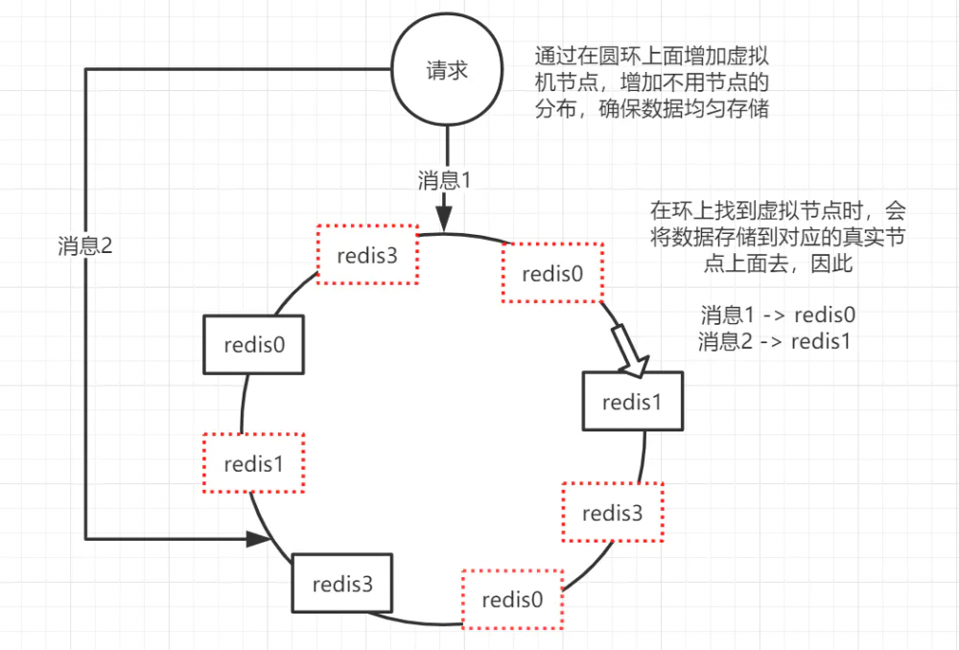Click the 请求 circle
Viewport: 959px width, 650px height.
pos(445,71)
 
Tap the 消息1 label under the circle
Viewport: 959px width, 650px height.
pos(445,179)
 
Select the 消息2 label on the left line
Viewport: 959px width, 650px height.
pos(84,245)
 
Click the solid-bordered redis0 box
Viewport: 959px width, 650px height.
pos(253,345)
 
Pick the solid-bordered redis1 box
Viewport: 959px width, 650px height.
pos(632,402)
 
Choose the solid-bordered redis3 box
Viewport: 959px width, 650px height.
pos(341,583)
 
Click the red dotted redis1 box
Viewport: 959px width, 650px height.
pos(253,464)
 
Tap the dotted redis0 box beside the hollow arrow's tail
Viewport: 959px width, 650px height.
pos(551,273)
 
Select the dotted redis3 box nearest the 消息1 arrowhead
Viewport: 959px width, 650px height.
pos(367,255)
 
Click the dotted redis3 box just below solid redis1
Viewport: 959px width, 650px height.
pos(612,512)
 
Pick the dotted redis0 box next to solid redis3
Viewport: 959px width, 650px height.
pos(512,600)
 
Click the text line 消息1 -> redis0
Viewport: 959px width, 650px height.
pos(777,315)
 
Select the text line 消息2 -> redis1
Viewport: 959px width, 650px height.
pos(777,341)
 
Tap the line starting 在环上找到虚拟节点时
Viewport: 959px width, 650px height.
pos(777,210)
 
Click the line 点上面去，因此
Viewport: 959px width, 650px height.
pos(777,265)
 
